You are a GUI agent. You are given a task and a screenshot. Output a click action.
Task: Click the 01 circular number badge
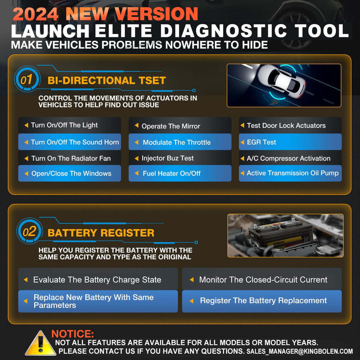coord(26,79)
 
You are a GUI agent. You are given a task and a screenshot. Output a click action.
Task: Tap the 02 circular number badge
coord(29,232)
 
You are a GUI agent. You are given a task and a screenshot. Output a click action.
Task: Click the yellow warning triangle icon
coord(40,343)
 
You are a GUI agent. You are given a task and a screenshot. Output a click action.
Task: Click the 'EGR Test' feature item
coord(290,142)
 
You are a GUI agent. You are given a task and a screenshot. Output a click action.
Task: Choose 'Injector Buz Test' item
coord(180,158)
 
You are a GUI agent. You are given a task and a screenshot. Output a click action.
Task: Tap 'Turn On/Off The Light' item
coord(69,125)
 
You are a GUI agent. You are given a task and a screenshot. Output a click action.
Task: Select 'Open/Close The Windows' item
coord(69,173)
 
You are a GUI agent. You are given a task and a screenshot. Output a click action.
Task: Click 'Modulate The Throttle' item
coord(180,142)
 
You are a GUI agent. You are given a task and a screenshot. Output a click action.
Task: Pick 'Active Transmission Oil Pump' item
coord(290,173)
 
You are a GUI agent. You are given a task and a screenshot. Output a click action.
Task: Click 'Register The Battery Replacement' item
coord(262,301)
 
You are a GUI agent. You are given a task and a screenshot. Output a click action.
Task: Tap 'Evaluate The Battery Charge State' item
coord(98,280)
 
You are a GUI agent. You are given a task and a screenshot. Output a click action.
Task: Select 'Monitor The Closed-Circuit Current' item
coord(262,280)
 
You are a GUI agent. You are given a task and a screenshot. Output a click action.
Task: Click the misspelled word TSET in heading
coord(151,80)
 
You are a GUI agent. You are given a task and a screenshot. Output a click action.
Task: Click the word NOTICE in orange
coord(73,334)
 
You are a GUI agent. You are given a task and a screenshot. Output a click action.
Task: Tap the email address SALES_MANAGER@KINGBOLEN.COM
coord(300,351)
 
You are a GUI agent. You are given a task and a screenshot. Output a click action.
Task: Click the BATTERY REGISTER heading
coord(101,233)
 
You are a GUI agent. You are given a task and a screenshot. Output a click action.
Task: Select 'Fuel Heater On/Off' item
coord(180,173)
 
